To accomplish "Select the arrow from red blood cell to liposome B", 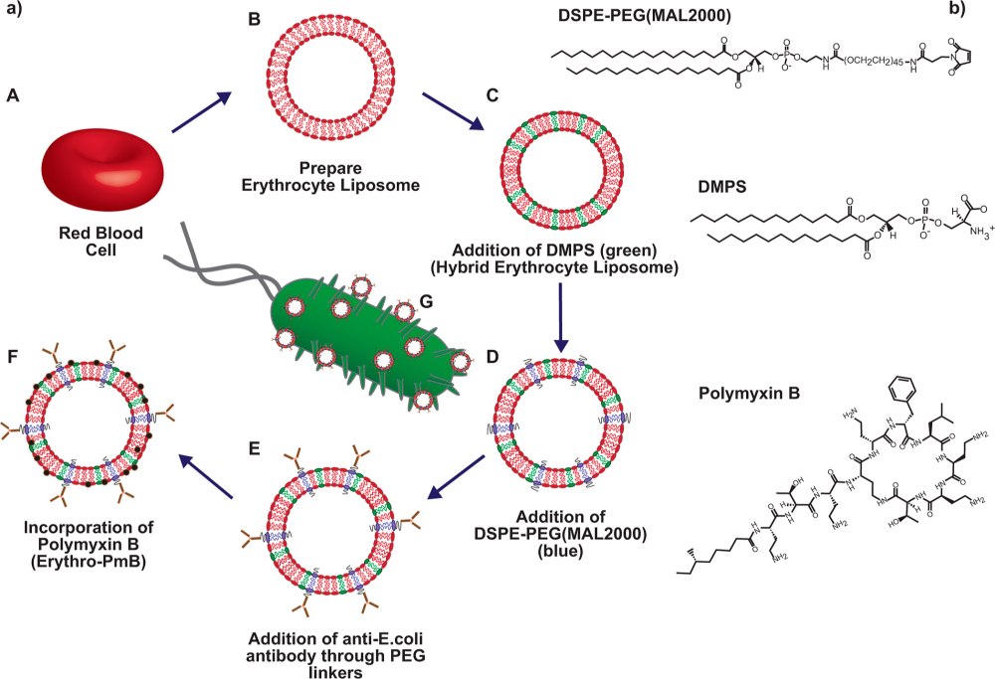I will point(202,112).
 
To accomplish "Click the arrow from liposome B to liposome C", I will point(453,112).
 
